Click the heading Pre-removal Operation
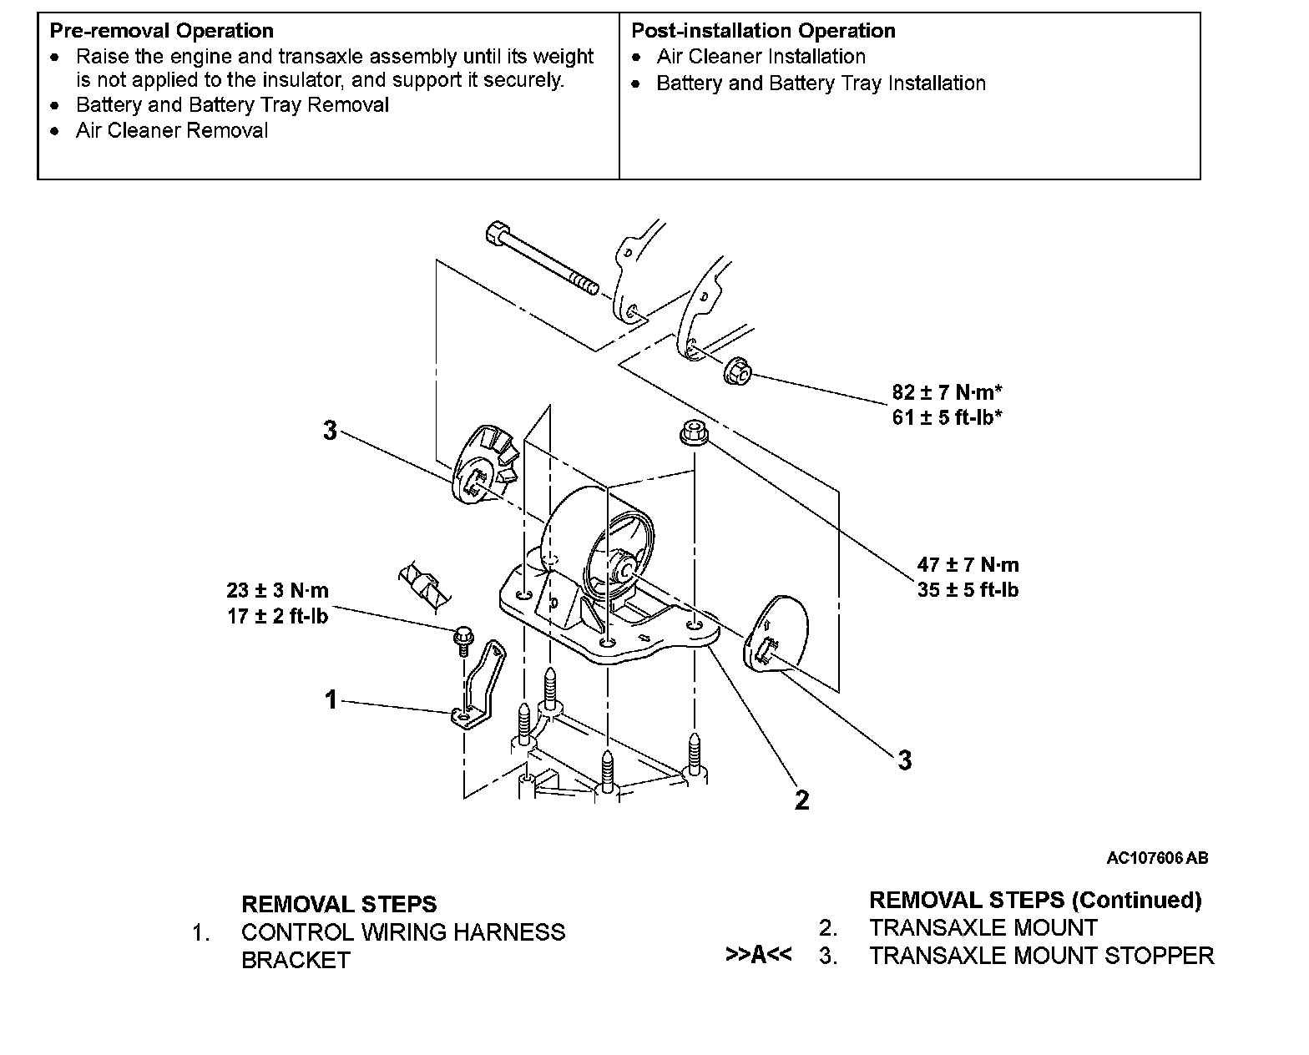click(x=161, y=31)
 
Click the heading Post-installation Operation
click(x=763, y=31)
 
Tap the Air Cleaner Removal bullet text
click(x=172, y=131)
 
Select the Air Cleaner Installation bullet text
click(x=761, y=57)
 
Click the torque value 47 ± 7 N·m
click(x=968, y=565)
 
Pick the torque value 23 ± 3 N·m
click(x=277, y=591)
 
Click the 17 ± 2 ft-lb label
click(x=277, y=616)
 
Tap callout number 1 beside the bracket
click(x=331, y=699)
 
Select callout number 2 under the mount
click(x=801, y=800)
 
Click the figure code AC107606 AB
click(x=1157, y=858)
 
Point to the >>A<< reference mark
click(x=759, y=955)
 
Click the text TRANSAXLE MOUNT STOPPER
click(x=1041, y=956)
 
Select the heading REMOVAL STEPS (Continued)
click(x=1035, y=900)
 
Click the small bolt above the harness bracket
click(x=462, y=638)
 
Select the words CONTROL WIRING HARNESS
click(x=403, y=932)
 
